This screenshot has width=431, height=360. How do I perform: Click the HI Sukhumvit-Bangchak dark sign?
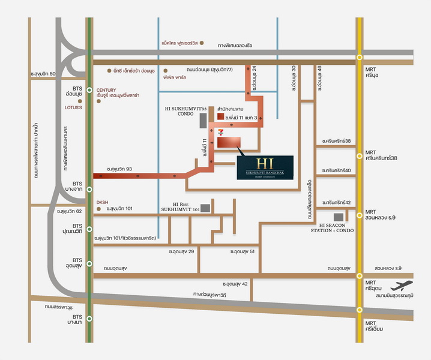point(265,166)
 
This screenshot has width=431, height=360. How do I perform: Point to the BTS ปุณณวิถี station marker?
point(89,229)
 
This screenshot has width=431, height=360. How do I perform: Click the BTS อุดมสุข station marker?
point(89,263)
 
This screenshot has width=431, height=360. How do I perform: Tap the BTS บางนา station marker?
point(89,319)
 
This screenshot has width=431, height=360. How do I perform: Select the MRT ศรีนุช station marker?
point(359,58)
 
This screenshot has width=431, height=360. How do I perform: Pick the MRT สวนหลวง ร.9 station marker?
point(359,214)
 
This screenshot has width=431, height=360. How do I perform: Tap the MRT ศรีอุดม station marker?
point(359,275)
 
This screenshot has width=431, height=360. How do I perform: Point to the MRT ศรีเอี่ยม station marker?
point(359,310)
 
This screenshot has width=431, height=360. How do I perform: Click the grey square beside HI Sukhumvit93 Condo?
point(202,119)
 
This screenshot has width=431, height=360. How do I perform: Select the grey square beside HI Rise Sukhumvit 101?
point(205,208)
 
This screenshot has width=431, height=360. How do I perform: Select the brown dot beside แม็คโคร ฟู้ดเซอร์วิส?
point(202,43)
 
